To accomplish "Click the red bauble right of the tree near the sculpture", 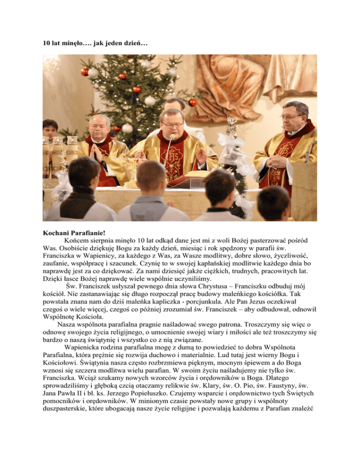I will pyautogui.click(x=193, y=102).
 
